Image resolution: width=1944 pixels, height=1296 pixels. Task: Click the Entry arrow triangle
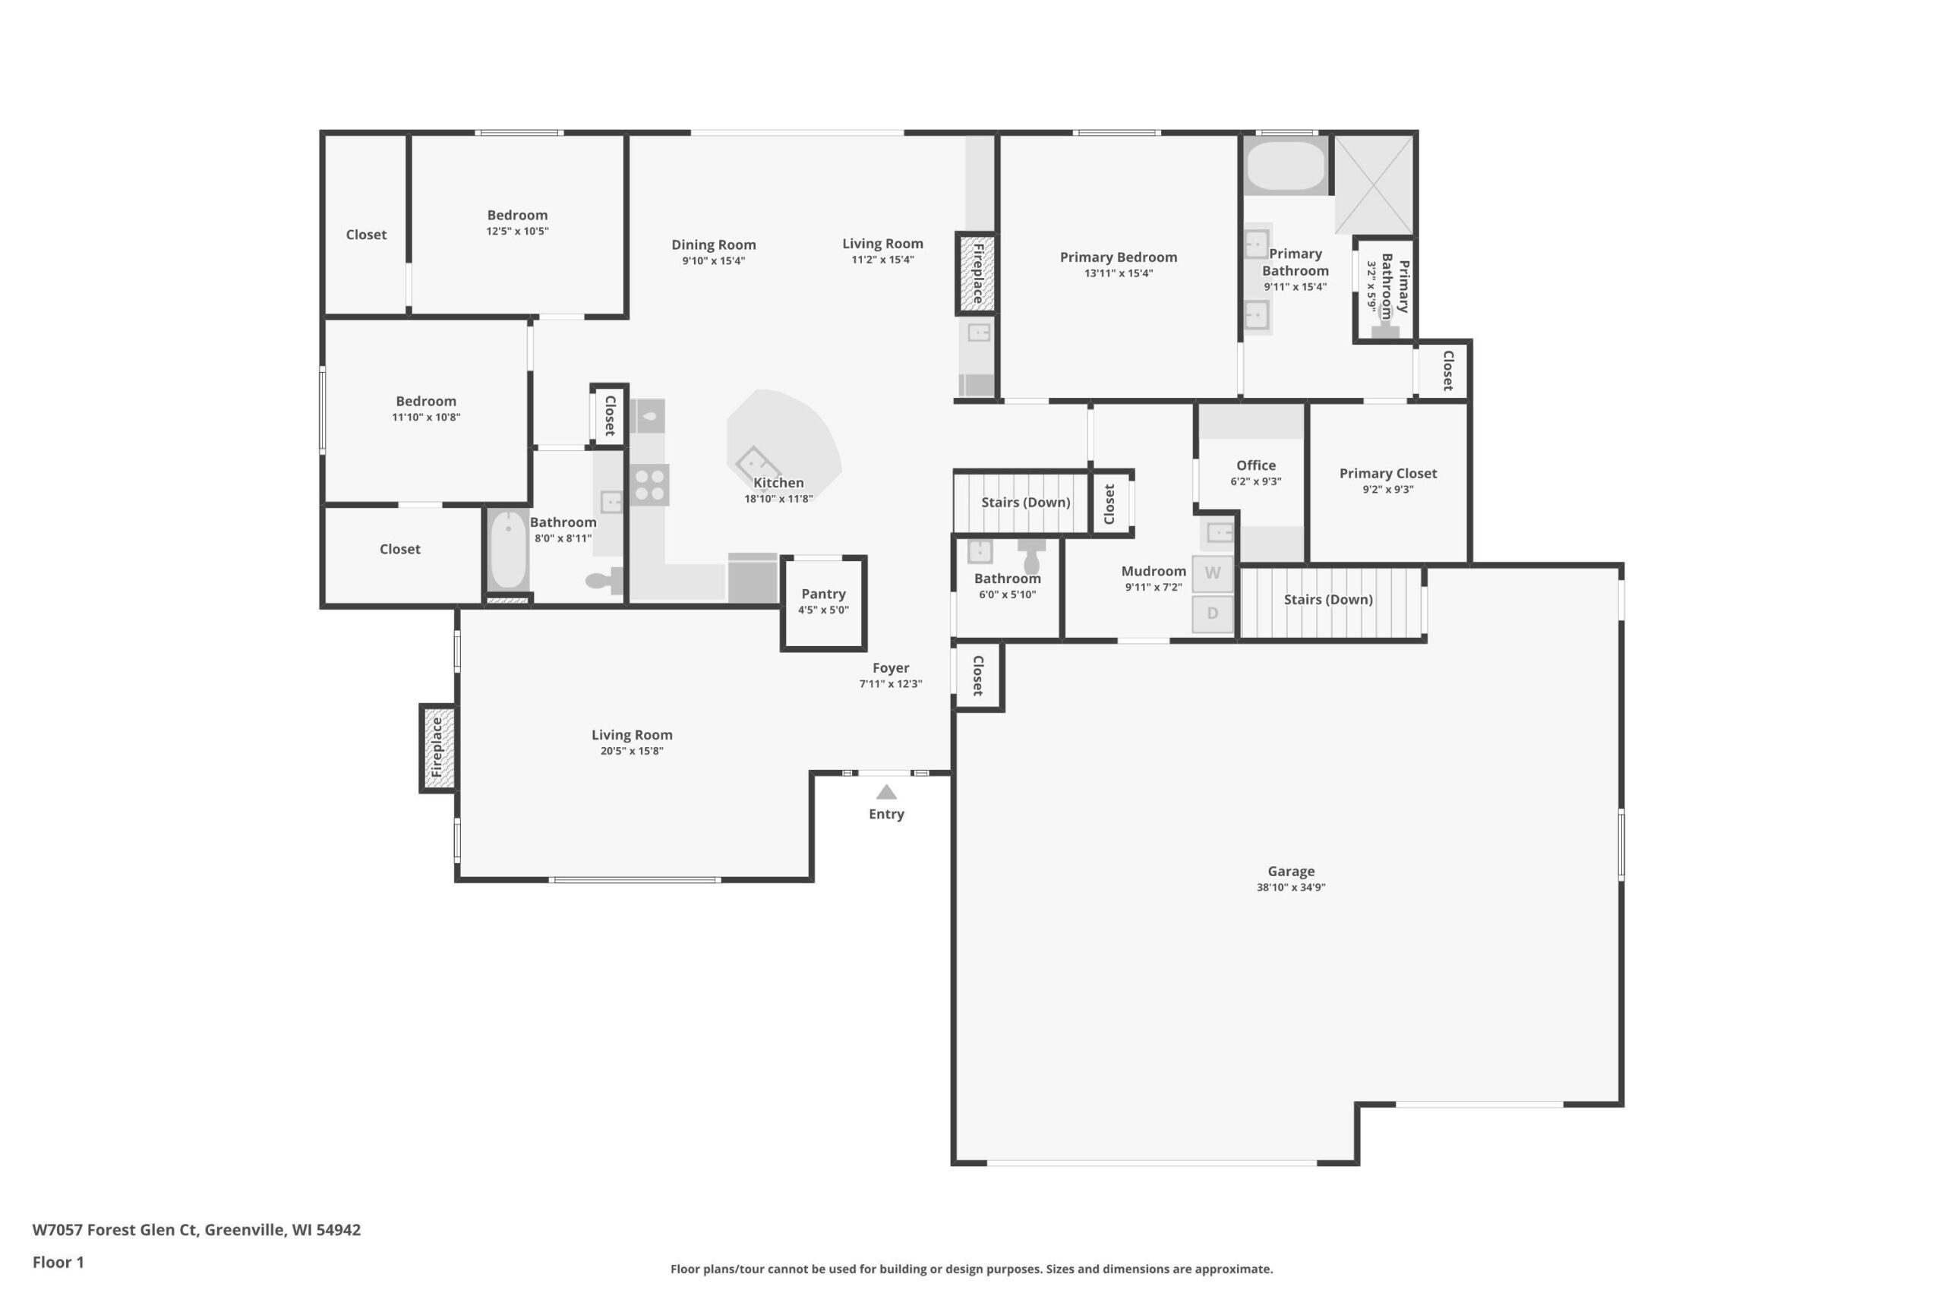(x=886, y=792)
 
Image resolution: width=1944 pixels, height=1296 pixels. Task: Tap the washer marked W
(x=1213, y=572)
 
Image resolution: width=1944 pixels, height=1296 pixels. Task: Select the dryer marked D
(x=1213, y=613)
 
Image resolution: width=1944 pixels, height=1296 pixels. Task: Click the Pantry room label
(x=823, y=594)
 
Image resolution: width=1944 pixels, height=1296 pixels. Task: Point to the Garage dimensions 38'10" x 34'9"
(x=1291, y=887)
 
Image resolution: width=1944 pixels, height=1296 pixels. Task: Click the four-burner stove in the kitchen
(x=650, y=485)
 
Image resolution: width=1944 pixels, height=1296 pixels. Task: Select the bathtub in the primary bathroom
(x=1286, y=166)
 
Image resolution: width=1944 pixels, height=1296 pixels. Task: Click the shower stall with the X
(x=1374, y=184)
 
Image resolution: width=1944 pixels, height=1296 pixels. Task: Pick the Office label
(x=1255, y=465)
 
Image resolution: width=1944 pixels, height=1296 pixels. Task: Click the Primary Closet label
(x=1387, y=474)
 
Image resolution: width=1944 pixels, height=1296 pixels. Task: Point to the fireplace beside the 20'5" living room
(x=437, y=749)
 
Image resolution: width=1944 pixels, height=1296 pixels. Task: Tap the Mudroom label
(x=1153, y=571)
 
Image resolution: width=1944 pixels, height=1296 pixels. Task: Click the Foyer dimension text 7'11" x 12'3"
(x=890, y=683)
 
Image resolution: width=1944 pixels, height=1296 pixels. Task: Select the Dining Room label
(x=713, y=244)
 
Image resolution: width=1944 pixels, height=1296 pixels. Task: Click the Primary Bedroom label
(x=1119, y=257)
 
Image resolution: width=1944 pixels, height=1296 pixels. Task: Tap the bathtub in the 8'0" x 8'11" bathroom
(x=507, y=550)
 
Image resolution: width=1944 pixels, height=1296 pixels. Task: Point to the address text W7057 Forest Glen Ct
(x=115, y=1229)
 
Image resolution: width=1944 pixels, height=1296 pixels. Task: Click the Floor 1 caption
(x=58, y=1262)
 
